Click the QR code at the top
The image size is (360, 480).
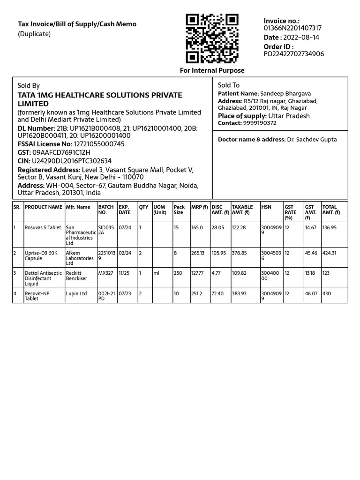pos(212,38)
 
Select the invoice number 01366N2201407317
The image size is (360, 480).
pos(292,28)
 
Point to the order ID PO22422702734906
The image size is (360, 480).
pos(294,54)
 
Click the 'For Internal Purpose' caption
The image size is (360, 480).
pos(212,70)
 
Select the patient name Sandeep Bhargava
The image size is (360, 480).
pos(285,94)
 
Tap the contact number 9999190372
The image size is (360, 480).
pos(260,123)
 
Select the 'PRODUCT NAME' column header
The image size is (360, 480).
pos(44,207)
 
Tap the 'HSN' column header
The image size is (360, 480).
pos(266,207)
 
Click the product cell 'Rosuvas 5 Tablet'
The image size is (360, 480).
pos(43,228)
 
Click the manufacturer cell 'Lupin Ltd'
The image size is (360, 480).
pos(76,294)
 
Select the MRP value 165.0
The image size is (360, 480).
pos(197,228)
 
